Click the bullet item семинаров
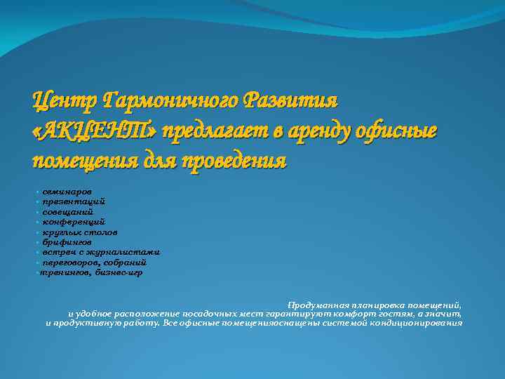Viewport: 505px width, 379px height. [x=66, y=191]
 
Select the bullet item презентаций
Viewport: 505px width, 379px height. [x=73, y=201]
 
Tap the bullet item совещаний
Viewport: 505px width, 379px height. [x=67, y=211]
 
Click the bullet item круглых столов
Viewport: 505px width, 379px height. [x=79, y=231]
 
